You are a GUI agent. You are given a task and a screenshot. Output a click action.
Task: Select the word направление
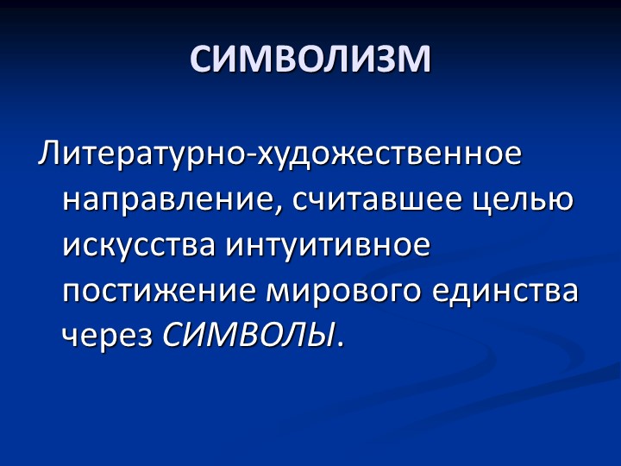pyautogui.click(x=169, y=200)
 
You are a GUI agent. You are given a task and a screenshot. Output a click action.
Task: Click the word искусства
pyautogui.click(x=141, y=245)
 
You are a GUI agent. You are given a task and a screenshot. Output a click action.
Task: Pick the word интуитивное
pyautogui.click(x=328, y=245)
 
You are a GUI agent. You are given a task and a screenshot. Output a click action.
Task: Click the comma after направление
pyautogui.click(x=282, y=211)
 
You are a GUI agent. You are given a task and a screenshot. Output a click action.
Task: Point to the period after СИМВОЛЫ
pyautogui.click(x=341, y=343)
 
